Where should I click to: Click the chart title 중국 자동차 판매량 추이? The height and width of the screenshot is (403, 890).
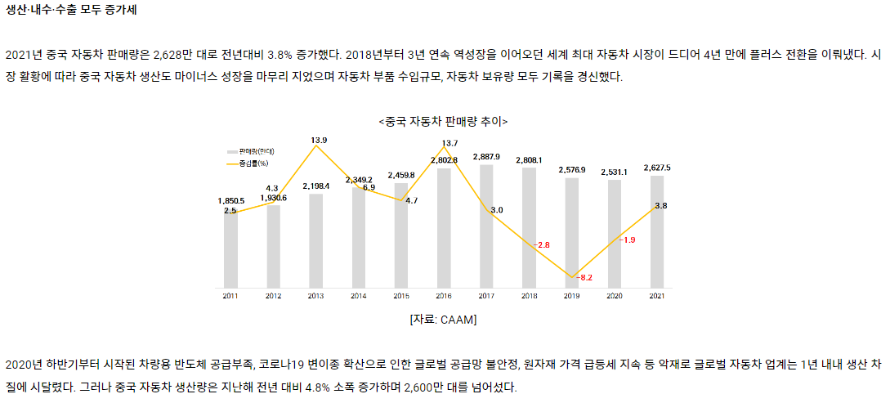pyautogui.click(x=443, y=121)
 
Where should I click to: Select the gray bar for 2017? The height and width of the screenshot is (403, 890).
pyautogui.click(x=486, y=237)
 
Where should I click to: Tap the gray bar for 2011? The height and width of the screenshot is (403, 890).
pyautogui.click(x=230, y=253)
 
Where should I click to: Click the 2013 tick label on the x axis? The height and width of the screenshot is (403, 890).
pyautogui.click(x=315, y=295)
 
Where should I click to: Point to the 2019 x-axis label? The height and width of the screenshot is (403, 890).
pyautogui.click(x=571, y=295)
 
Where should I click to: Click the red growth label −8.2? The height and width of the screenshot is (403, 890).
pyautogui.click(x=584, y=278)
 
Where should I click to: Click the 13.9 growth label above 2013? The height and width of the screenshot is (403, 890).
pyautogui.click(x=319, y=141)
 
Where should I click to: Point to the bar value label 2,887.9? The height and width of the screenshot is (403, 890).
pyautogui.click(x=486, y=156)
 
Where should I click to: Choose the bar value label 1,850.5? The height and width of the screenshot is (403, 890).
pyautogui.click(x=230, y=200)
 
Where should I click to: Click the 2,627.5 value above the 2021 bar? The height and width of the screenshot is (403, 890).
pyautogui.click(x=657, y=168)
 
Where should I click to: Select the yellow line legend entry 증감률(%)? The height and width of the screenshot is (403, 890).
pyautogui.click(x=250, y=163)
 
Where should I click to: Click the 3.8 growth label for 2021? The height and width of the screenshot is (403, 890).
pyautogui.click(x=660, y=206)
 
